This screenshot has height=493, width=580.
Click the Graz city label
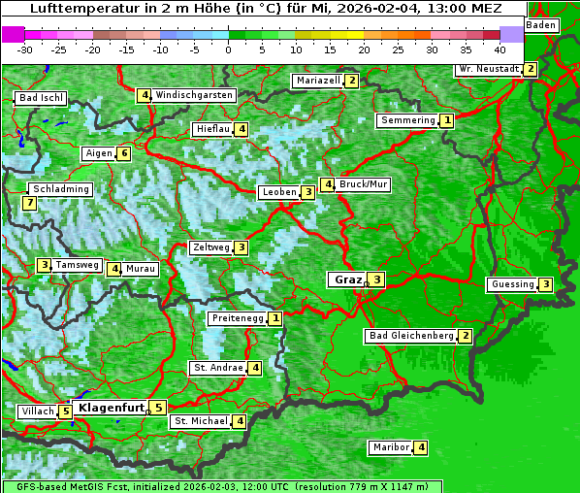346,279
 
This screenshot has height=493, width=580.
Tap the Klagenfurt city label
111,408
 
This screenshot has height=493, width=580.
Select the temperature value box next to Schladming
30,203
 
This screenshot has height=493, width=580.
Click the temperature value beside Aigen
123,153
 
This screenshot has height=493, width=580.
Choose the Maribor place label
390,447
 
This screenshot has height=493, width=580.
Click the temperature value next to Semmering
446,120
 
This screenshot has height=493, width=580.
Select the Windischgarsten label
194,95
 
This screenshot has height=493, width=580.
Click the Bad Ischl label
41,98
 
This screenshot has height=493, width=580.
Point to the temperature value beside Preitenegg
275,318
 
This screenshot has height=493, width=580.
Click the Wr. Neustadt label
489,70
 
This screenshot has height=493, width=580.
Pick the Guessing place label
513,284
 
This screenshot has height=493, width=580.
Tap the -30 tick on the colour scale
25,49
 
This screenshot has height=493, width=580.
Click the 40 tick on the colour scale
499,49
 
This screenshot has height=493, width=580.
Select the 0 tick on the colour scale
229,49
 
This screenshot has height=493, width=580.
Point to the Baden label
542,24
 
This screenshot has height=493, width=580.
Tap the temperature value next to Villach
65,411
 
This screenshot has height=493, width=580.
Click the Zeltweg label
211,247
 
